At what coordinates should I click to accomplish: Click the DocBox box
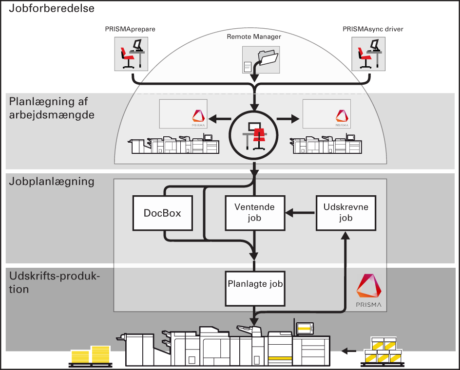point(162,213)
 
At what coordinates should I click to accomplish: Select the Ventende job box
point(254,213)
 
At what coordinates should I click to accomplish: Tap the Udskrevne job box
point(346,213)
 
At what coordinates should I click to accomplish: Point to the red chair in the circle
point(258,134)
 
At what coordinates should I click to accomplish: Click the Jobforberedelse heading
point(52,8)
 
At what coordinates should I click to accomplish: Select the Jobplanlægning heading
point(51,182)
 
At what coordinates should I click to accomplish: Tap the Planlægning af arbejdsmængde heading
point(51,108)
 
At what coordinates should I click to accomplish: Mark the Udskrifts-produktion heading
point(54,282)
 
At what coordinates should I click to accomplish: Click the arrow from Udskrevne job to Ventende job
point(300,213)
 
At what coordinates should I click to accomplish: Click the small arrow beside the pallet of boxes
point(348,350)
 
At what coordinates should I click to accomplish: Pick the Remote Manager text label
point(254,37)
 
